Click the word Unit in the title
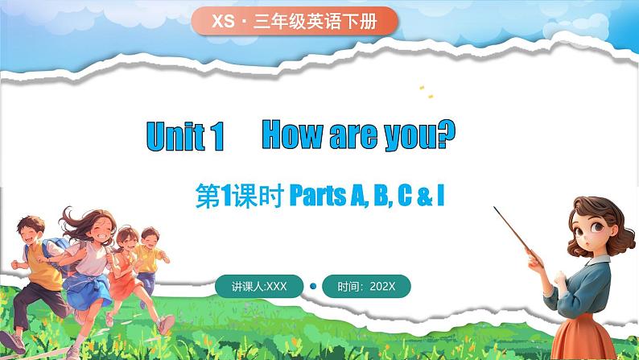point(175,136)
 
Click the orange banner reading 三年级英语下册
point(295,21)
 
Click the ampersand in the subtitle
point(425,197)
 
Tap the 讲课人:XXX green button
point(259,286)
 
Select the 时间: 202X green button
point(366,286)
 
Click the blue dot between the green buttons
point(313,286)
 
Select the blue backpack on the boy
point(55,253)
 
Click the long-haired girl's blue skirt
point(88,292)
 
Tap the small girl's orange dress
point(122,281)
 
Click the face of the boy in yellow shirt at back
point(150,238)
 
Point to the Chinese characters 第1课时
point(240,196)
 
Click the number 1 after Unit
point(217,137)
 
